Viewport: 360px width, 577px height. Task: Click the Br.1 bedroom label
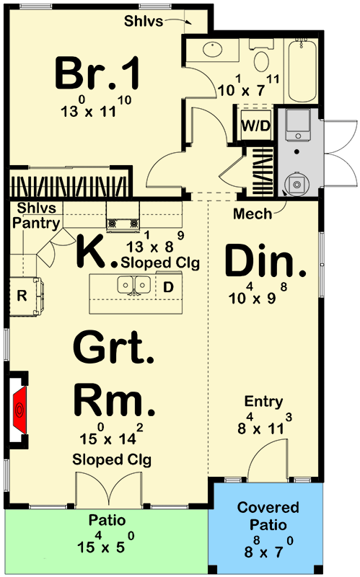[x=97, y=73]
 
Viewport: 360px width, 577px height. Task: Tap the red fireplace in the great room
[x=20, y=409]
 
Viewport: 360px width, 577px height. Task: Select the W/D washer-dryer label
[x=256, y=125]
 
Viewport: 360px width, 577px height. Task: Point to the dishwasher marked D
[x=168, y=287]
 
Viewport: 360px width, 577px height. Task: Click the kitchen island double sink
[x=133, y=285]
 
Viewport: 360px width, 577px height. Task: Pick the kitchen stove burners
[x=123, y=223]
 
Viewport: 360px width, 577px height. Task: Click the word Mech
[x=253, y=213]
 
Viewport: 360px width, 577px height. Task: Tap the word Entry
[x=263, y=402]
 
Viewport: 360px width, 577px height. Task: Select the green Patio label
[x=107, y=520]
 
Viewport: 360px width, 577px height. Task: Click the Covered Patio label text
[x=268, y=516]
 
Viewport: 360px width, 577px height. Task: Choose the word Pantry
[x=36, y=224]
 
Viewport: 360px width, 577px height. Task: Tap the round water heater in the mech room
[x=297, y=183]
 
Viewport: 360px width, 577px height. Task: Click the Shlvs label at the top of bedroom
[x=143, y=21]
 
